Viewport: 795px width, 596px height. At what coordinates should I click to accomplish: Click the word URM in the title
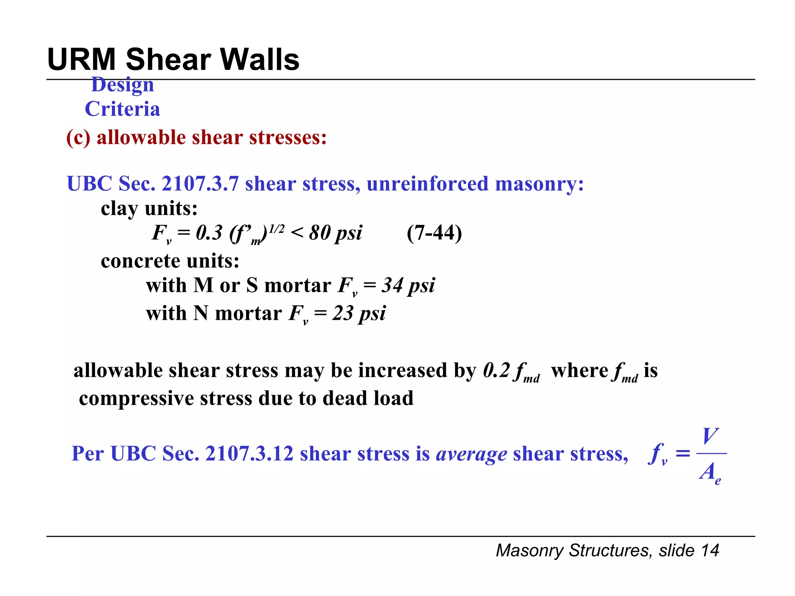(82, 59)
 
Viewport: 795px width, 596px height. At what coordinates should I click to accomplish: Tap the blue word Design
(122, 85)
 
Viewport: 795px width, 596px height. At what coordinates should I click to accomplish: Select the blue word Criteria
(122, 109)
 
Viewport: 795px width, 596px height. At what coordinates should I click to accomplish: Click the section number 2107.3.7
(200, 184)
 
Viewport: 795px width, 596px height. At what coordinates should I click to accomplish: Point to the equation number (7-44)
(434, 233)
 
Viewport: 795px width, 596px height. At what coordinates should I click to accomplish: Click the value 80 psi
(335, 233)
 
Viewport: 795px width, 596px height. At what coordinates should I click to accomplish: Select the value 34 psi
(408, 286)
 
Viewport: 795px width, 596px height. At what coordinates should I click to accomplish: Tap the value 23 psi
(359, 314)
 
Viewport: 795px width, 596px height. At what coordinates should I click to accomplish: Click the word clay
(119, 209)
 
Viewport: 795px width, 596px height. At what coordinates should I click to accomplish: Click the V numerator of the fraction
(710, 436)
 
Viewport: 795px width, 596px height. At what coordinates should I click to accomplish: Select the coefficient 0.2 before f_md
(496, 370)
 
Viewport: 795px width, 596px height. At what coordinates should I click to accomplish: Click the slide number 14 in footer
(710, 551)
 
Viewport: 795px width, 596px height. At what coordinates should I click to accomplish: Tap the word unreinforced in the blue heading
(427, 184)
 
